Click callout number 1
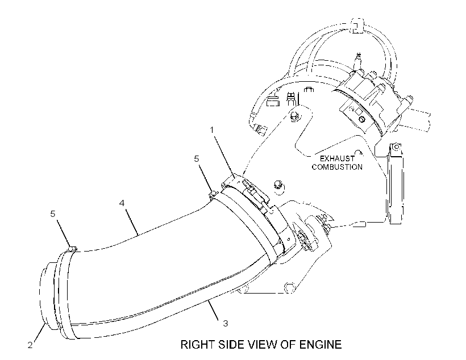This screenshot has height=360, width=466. [212, 130]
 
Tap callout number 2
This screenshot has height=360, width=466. [30, 345]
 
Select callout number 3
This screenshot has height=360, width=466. [226, 324]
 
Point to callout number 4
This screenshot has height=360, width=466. [122, 203]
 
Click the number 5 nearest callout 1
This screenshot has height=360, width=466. [197, 159]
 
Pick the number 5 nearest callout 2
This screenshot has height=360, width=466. [53, 214]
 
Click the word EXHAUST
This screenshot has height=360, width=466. [338, 158]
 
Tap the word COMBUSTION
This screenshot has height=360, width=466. [338, 167]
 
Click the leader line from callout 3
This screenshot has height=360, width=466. [214, 311]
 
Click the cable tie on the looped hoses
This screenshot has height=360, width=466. [357, 25]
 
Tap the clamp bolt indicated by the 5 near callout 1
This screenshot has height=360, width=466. [213, 194]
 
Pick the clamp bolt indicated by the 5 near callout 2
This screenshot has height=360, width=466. [73, 248]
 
